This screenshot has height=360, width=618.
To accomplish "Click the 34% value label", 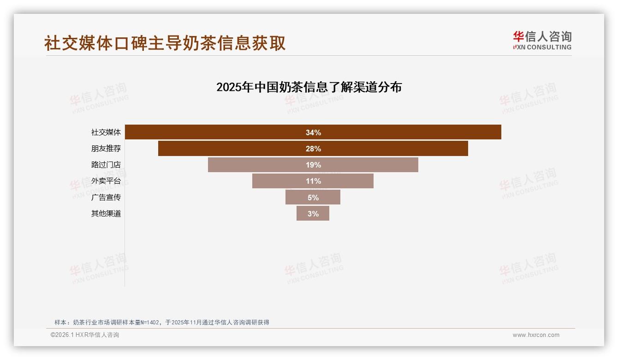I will (x=313, y=132).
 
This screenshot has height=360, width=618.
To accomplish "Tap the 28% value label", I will (x=313, y=149).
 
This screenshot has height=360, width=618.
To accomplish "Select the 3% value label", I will (x=313, y=214).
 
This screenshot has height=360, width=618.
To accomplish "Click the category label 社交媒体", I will (x=106, y=132).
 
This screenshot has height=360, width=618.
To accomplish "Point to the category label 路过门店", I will (x=106, y=165).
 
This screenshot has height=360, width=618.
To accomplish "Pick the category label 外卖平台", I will (x=106, y=181).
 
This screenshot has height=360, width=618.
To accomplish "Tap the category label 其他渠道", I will (x=106, y=214).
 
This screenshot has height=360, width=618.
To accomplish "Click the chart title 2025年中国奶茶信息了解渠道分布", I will (x=309, y=87).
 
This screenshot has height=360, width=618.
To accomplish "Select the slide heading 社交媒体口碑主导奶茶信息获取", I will (x=165, y=43).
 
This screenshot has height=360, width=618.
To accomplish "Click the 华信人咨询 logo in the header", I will (x=542, y=40).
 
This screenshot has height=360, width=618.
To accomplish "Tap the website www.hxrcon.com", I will (x=536, y=335).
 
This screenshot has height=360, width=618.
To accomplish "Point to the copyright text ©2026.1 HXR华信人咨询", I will (x=85, y=335).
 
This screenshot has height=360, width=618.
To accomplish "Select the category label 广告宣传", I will (x=106, y=198).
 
